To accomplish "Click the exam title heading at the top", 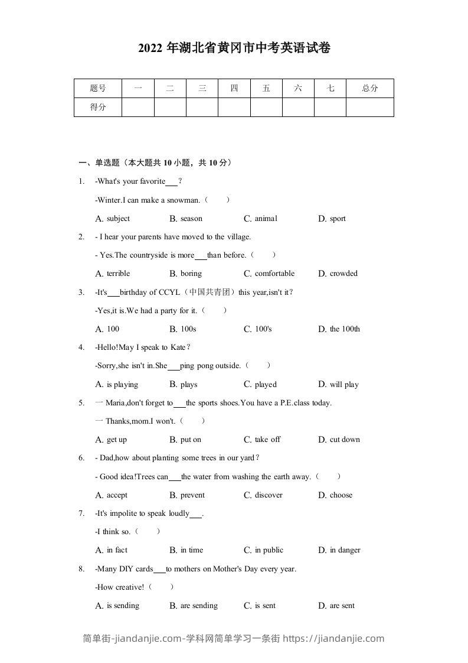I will coord(234,48).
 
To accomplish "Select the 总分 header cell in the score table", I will coord(369,89).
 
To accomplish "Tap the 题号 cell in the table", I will coord(98,89).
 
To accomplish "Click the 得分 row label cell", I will coord(98,107).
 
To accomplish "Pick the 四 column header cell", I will coord(234,89).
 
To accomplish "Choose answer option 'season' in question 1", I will coord(191,219).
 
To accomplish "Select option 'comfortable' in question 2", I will coord(274,274).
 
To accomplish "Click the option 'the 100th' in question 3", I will coord(345,329).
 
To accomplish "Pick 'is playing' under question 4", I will coord(122,385).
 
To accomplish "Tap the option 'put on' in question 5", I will coord(191,440).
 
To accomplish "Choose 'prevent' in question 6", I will coord(192,495).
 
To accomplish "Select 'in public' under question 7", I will coord(269,550).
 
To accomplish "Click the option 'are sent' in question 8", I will coord(342,606).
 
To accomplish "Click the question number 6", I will coord(81,458).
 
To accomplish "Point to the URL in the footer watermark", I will coord(333,638).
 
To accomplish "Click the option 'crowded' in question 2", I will coord(343,274).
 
